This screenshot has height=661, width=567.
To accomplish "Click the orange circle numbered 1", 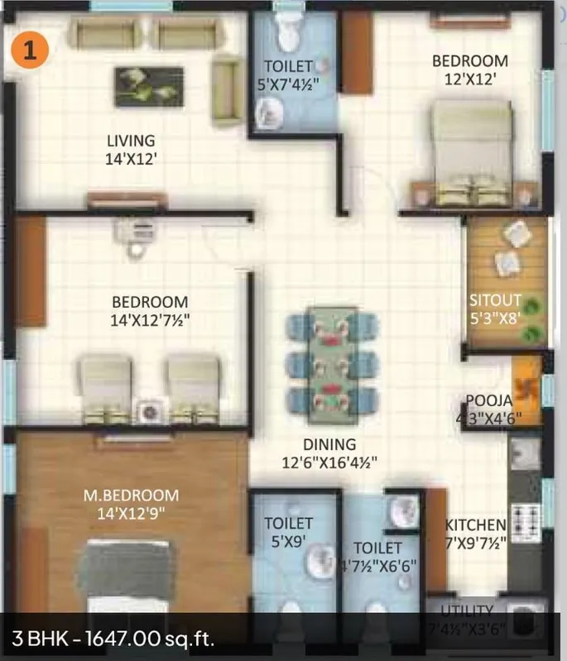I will point(30,50).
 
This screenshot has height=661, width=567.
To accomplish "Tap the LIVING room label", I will point(130,141).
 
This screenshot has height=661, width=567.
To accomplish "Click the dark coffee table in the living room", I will point(149,87).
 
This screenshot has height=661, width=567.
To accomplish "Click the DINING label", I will point(329,445).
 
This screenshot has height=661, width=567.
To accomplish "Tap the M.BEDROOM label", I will point(131,496).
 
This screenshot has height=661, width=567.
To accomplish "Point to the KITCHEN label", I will point(475,524).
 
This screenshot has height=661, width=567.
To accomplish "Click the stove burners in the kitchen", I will point(525,523).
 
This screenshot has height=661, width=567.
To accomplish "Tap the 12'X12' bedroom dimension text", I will point(469,79).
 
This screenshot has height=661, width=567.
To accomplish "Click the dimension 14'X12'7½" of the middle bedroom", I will point(150,320).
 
